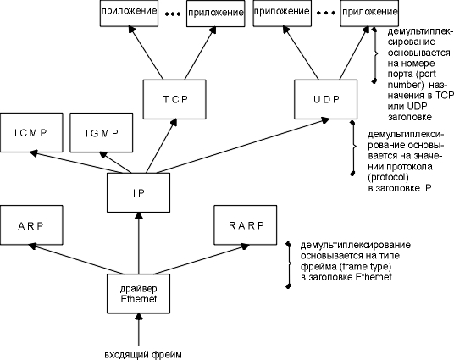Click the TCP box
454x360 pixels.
click(174, 99)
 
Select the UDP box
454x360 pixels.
click(326, 99)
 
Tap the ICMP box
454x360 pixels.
click(31, 133)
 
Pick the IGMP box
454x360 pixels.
click(102, 133)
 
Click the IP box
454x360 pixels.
click(138, 192)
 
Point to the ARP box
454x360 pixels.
click(31, 225)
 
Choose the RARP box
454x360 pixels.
click(246, 225)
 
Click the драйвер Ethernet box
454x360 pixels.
click(138, 294)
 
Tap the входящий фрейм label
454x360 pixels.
click(143, 355)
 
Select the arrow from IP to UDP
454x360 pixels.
click(242, 146)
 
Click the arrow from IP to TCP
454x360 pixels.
click(161, 147)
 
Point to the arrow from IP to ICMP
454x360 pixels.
click(76, 162)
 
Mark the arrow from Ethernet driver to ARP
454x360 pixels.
click(76, 259)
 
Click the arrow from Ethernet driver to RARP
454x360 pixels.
click(202, 259)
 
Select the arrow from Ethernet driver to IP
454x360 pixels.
click(139, 243)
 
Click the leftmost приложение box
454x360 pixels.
click(129, 13)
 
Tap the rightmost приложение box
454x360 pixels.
click(369, 13)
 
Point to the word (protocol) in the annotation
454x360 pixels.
click(388, 177)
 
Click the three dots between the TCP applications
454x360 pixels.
click(173, 14)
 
